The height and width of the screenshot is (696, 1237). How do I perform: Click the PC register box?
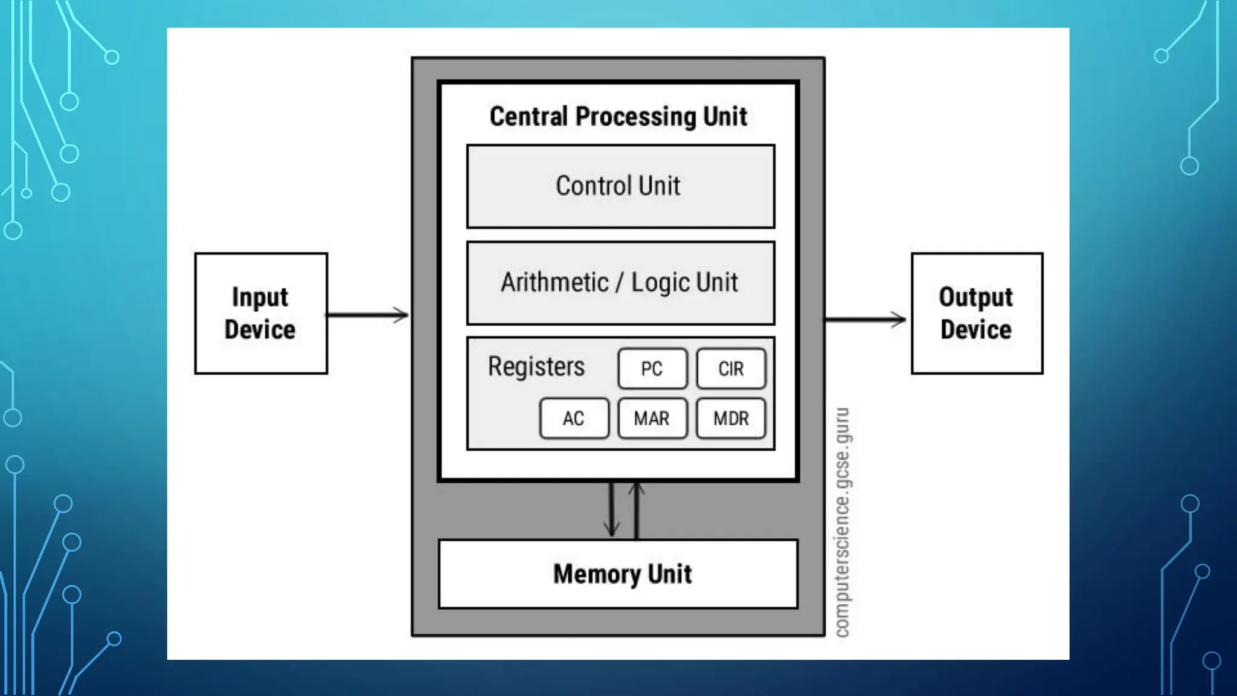pyautogui.click(x=652, y=369)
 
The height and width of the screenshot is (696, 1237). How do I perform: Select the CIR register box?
pyautogui.click(x=731, y=369)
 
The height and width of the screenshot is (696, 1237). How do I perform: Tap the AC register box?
pyautogui.click(x=574, y=418)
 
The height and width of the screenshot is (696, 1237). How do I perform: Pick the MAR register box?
pyautogui.click(x=652, y=418)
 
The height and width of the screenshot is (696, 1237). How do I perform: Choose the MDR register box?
pyautogui.click(x=731, y=418)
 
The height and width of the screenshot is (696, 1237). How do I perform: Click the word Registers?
pyautogui.click(x=536, y=366)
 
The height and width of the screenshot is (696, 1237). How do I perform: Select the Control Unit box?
pyautogui.click(x=620, y=186)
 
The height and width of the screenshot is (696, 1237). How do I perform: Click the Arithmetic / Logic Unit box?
pyautogui.click(x=620, y=283)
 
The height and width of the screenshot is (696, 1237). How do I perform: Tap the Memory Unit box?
pyautogui.click(x=618, y=574)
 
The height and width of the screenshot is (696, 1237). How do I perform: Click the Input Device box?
pyautogui.click(x=261, y=314)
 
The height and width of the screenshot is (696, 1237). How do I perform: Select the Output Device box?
pyautogui.click(x=977, y=314)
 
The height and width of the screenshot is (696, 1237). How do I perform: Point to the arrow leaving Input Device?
pyautogui.click(x=367, y=315)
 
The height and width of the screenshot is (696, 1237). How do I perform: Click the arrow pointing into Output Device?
pyautogui.click(x=865, y=320)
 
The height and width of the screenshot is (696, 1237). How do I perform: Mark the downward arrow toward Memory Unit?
pyautogui.click(x=611, y=509)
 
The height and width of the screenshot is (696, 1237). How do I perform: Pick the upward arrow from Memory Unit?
pyautogui.click(x=636, y=509)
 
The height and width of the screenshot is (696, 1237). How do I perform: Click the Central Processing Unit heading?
pyautogui.click(x=618, y=117)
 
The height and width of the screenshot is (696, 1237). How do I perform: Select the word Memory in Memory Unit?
pyautogui.click(x=597, y=574)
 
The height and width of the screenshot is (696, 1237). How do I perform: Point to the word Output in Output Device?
pyautogui.click(x=975, y=297)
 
